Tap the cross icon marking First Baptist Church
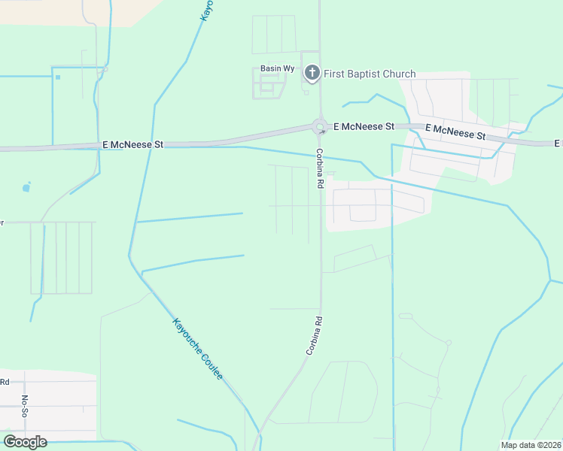point(312,73)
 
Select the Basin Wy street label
point(272,68)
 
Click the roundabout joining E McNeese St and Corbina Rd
point(320,128)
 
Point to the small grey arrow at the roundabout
point(322,132)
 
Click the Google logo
point(25,442)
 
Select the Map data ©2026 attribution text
point(531,445)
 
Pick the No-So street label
point(24,406)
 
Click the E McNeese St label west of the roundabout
point(132,144)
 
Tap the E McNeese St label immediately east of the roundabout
point(364,127)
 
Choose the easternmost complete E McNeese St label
point(456,132)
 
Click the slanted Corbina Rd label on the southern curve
point(314,334)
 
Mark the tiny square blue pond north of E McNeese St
point(57,76)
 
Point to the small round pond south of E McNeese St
point(27,187)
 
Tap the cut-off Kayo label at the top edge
point(207,9)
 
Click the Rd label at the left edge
point(4,382)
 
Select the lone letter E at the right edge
point(558,143)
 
